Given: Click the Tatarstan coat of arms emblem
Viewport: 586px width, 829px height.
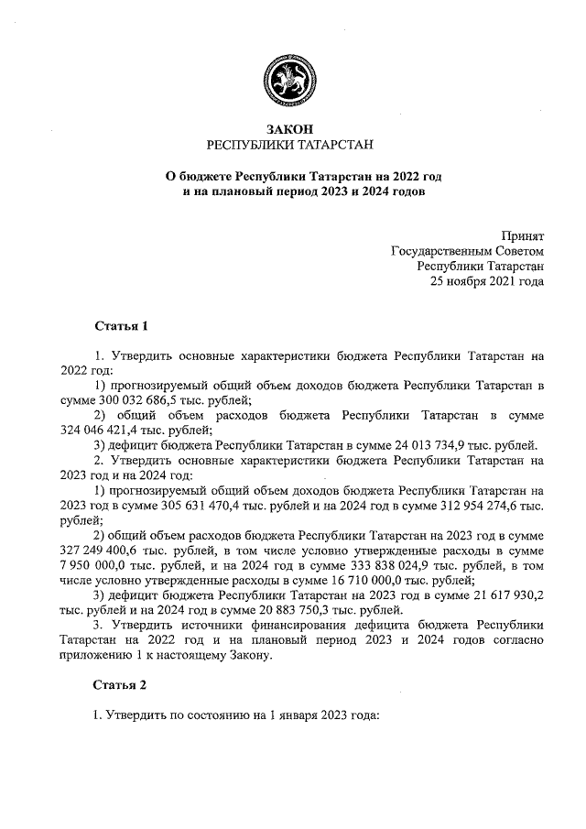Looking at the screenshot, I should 291,74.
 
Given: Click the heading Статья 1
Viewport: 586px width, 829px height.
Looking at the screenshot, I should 120,326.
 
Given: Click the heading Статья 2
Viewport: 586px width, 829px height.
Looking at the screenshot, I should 120,684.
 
